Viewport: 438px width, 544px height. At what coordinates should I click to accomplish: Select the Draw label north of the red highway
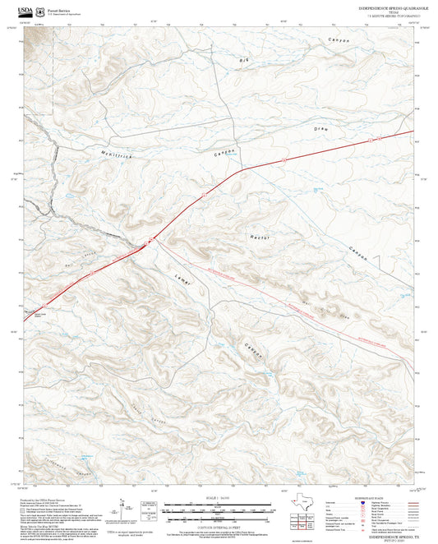coord(320,130)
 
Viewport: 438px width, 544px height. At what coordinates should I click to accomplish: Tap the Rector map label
coord(260,237)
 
